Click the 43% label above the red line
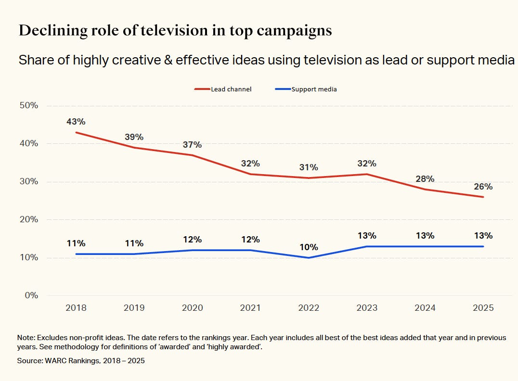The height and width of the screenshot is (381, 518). coord(76,122)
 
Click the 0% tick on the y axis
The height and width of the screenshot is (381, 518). coord(32,295)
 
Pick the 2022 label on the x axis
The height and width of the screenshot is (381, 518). coord(308,308)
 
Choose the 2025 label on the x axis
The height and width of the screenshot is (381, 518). coord(483,308)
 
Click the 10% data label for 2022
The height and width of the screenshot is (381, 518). coord(308,247)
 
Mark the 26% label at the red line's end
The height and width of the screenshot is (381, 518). coord(483,187)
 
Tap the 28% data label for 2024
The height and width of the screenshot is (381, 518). coord(425,179)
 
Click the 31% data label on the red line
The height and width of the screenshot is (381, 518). coord(308,167)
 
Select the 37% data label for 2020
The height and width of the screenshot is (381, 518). coord(192,145)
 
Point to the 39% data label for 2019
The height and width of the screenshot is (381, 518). coord(134,137)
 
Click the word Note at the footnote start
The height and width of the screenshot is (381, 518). coord(26,338)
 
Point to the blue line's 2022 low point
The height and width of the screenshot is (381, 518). coord(308,258)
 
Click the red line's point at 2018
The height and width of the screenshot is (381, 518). coord(76,132)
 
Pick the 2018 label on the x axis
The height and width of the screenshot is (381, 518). coord(76,308)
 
